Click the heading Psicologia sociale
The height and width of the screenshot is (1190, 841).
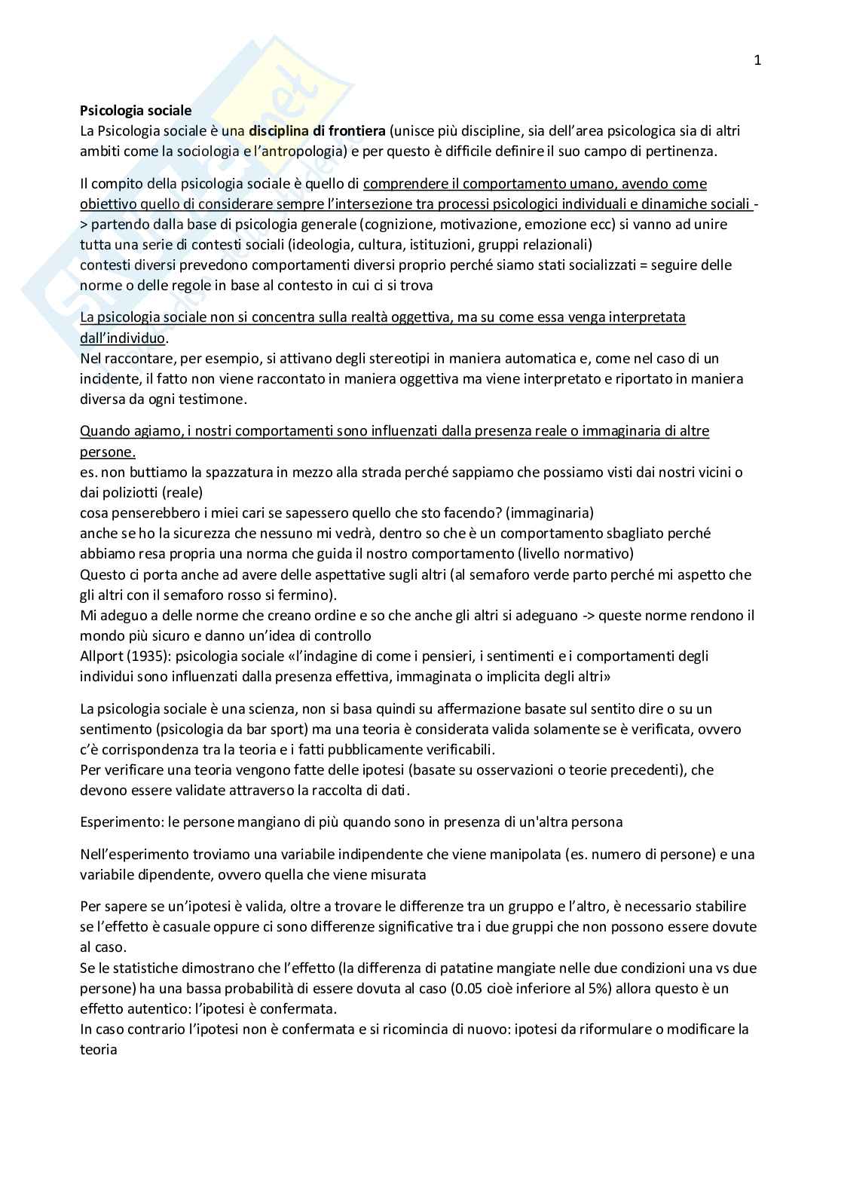[136, 110]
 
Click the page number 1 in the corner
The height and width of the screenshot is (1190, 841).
[757, 62]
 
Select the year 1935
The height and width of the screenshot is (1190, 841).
[146, 656]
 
